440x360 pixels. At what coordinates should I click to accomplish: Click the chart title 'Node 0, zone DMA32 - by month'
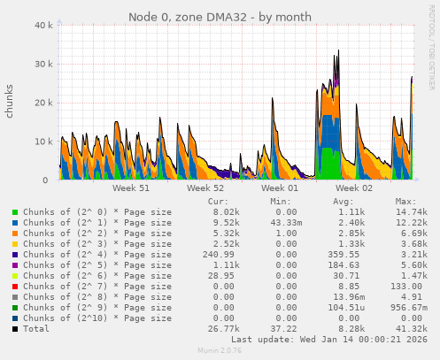pos(220,17)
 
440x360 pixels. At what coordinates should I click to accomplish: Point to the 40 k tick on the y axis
pos(41,26)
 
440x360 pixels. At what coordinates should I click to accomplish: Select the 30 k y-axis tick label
pos(41,65)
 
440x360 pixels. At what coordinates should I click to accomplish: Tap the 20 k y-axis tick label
pos(41,103)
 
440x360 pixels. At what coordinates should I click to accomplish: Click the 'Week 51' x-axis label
pos(131,188)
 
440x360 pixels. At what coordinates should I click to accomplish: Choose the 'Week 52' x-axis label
pos(205,188)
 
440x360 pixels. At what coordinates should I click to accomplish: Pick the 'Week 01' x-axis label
pos(280,188)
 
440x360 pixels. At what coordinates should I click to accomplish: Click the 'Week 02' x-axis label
pos(354,188)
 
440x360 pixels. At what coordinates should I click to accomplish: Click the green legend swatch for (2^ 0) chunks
pos(15,212)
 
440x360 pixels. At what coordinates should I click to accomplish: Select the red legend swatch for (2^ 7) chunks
pos(15,287)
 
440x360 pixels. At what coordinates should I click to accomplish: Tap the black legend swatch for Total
pos(15,329)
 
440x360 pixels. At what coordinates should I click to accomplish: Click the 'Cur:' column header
pos(218,201)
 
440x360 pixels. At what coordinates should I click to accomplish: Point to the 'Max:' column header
pos(405,201)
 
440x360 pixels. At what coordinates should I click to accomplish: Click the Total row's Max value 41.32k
pos(412,329)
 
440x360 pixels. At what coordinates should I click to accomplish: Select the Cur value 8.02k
pos(225,212)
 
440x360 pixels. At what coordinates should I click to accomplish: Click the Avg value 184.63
pos(351,265)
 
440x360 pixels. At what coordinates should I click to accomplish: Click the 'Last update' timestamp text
pos(329,339)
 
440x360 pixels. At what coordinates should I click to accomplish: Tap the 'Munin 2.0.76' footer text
pos(220,351)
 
